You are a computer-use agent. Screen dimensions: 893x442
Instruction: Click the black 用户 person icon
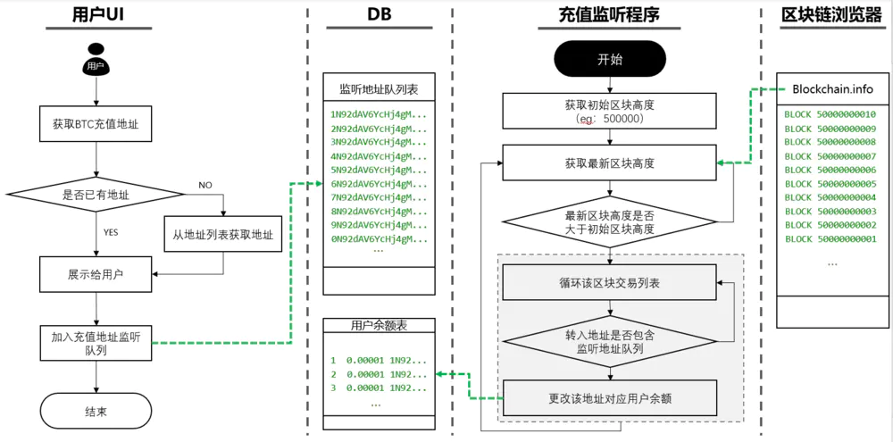tap(96, 59)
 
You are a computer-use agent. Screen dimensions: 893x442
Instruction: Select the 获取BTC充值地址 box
tap(96, 123)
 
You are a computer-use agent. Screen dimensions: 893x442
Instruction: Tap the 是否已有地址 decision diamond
tap(96, 195)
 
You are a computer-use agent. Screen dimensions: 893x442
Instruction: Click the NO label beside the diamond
tap(205, 185)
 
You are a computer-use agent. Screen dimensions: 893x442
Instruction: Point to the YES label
tap(111, 232)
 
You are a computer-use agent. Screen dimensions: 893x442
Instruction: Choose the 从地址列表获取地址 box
tap(223, 234)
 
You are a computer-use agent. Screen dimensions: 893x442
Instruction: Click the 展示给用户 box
tap(96, 274)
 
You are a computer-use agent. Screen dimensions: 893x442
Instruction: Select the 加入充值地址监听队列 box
tap(96, 344)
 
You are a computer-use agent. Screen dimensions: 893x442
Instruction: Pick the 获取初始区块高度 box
tap(609, 111)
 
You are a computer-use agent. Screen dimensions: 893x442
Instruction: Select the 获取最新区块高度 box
tap(609, 163)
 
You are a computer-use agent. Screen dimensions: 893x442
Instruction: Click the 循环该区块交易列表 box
tap(609, 282)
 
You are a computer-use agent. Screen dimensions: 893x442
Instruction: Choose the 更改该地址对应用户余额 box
tap(609, 399)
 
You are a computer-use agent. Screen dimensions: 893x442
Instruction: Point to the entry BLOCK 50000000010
tap(830, 114)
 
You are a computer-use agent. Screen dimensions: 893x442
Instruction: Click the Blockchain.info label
tap(832, 89)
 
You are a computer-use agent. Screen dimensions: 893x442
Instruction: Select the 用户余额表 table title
tap(379, 325)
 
